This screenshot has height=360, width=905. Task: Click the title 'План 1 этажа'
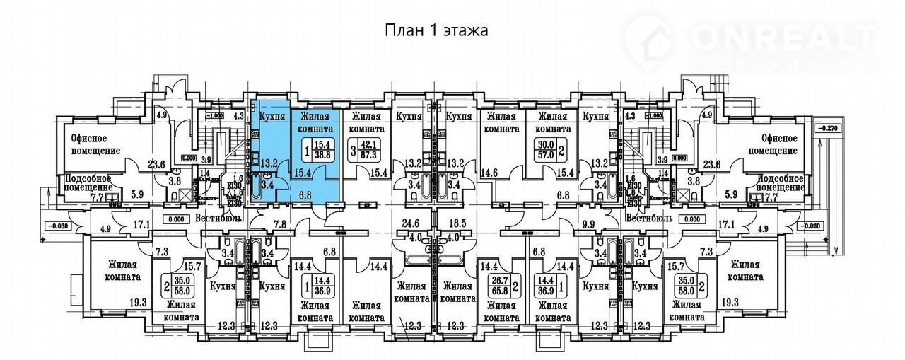click(x=436, y=30)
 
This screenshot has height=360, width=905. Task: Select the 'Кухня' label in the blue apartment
click(x=272, y=117)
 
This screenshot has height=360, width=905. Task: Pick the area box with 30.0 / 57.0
click(x=545, y=151)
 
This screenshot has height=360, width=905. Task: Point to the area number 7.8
click(x=280, y=225)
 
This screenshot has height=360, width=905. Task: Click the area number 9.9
click(x=587, y=225)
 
